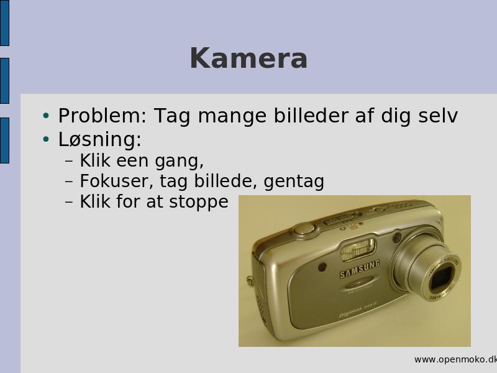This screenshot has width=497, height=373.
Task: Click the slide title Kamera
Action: click(248, 58)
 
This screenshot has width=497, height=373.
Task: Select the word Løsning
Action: click(100, 139)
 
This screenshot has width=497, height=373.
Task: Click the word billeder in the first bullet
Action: click(311, 116)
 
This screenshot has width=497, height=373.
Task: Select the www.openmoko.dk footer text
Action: click(455, 359)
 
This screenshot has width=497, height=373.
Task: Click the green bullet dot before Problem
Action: click(46, 116)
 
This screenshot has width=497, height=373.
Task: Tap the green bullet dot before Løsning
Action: click(46, 139)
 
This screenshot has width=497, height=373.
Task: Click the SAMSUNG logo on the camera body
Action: click(360, 269)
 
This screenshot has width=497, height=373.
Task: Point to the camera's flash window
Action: click(358, 249)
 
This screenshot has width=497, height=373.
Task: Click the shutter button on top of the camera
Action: click(304, 228)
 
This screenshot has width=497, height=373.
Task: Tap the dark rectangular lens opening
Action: click(442, 279)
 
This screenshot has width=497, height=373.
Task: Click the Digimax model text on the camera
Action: click(357, 309)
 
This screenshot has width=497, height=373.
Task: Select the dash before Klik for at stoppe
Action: click(69, 203)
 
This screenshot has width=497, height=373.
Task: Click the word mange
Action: click(232, 116)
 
